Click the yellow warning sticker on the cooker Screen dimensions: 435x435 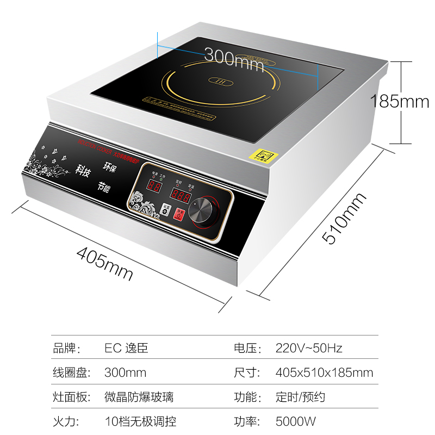(x=263, y=155)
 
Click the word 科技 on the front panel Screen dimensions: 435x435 (x=83, y=172)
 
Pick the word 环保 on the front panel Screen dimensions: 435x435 (x=109, y=166)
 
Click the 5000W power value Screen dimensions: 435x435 (x=296, y=421)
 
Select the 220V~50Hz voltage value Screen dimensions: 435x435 (x=309, y=349)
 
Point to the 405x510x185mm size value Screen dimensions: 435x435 (x=324, y=372)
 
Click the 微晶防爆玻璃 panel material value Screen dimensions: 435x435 (x=139, y=397)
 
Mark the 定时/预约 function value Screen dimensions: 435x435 (x=300, y=397)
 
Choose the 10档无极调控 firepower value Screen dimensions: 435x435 (x=140, y=421)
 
